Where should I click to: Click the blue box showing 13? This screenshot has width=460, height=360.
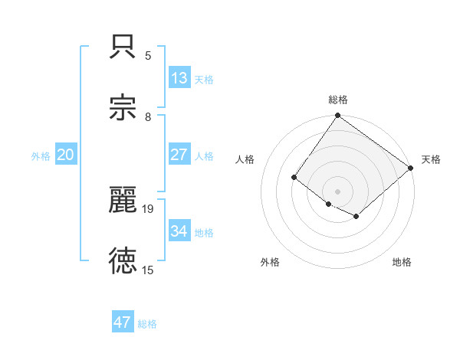pos(179,78)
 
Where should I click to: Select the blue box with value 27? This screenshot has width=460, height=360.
pos(179,155)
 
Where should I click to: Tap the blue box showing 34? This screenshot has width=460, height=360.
pos(179,231)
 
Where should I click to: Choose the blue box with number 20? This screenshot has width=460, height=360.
pos(66,155)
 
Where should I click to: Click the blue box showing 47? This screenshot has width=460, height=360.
pos(123,322)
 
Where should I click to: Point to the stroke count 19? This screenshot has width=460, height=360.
pos(148,208)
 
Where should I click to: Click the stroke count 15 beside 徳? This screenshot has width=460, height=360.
pos(148,270)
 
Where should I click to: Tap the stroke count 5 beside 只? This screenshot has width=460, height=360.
pos(148,56)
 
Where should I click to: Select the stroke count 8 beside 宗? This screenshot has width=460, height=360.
pos(148,116)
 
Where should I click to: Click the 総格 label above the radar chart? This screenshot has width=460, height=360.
pos(338,100)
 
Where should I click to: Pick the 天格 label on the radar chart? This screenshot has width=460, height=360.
pos(431,159)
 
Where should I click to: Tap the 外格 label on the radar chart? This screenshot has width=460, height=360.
pos(270,262)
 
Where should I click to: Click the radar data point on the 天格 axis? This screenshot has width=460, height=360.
pos(411,168)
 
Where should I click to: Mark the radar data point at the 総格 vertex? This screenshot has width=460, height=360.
pos(338,116)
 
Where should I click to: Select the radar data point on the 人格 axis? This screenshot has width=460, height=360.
pos(294,178)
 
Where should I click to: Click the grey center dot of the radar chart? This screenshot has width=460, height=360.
pos(338,191)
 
